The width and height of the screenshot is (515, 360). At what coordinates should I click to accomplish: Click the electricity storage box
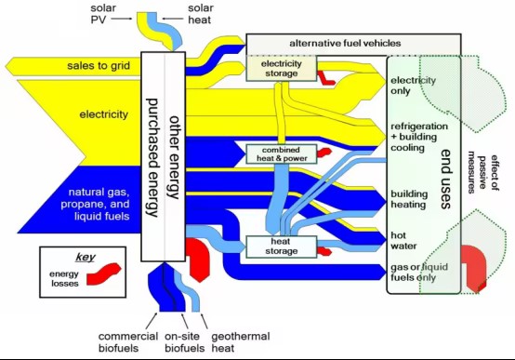[282, 69]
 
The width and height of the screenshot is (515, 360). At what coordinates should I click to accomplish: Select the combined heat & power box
[282, 154]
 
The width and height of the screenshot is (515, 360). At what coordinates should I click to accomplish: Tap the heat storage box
[281, 247]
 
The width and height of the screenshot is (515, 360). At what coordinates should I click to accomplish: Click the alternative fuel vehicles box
[353, 44]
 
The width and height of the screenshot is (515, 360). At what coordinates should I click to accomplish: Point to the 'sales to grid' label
[99, 66]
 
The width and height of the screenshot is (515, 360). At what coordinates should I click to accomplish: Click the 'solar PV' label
[103, 14]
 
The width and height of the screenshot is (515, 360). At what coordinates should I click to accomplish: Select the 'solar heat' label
[201, 14]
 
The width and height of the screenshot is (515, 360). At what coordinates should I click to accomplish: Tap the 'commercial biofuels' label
[128, 342]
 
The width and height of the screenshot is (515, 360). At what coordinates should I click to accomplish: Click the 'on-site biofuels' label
[185, 342]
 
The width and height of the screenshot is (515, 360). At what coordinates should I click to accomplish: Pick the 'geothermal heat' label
[241, 342]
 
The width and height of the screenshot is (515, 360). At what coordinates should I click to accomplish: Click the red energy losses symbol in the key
[104, 273]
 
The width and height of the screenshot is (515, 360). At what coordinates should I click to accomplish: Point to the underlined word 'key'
[86, 257]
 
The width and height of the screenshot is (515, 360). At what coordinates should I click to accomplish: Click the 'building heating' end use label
[409, 199]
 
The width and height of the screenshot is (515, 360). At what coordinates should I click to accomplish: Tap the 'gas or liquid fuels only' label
[419, 272]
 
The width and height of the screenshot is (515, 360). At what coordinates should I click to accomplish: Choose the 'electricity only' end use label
[413, 86]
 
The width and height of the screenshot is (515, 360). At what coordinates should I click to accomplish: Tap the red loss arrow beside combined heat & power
[324, 153]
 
